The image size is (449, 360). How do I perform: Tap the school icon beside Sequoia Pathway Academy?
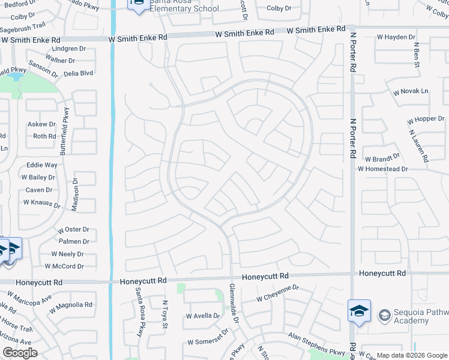click(x=359, y=311)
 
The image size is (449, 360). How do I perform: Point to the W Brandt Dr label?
click(x=382, y=158)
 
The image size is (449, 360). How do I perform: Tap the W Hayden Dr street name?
click(x=396, y=37)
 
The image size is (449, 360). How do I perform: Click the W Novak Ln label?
click(x=411, y=91)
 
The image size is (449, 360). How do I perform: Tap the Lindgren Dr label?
click(x=69, y=49)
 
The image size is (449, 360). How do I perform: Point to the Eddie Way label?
click(x=42, y=164)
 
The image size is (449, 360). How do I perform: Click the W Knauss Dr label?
click(x=41, y=203)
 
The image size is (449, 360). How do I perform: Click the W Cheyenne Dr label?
click(x=277, y=293)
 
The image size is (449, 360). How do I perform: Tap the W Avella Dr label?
click(x=203, y=316)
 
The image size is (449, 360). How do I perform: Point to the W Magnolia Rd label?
click(x=71, y=305)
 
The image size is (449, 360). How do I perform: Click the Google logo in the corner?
click(x=19, y=353)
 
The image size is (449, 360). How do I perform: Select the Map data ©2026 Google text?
click(x=411, y=355)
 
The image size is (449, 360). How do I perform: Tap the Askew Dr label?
click(x=41, y=124)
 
